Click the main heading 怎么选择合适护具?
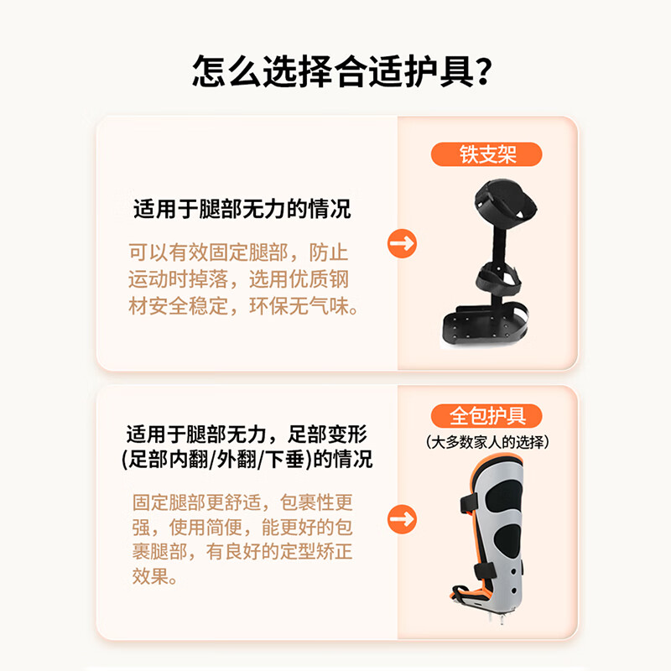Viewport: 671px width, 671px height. [x=335, y=72]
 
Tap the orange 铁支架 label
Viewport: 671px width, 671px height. [x=486, y=155]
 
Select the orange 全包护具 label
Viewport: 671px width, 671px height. [x=486, y=416]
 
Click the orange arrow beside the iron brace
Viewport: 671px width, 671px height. [x=403, y=244]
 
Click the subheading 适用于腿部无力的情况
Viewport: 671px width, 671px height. [x=242, y=210]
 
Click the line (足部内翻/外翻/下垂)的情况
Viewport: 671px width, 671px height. [x=247, y=460]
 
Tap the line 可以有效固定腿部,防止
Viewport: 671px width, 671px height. [x=238, y=252]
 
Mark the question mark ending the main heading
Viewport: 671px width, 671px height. [x=481, y=72]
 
